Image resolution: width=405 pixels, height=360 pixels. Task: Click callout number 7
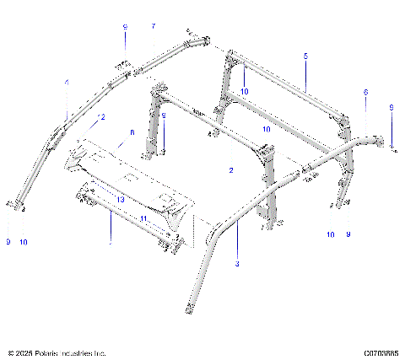click(x=153, y=27)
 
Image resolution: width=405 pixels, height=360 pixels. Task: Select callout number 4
click(x=67, y=83)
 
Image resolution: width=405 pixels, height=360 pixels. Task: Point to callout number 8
click(x=132, y=132)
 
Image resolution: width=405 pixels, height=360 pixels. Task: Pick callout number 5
click(x=305, y=55)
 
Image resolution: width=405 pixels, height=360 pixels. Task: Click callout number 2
click(x=230, y=169)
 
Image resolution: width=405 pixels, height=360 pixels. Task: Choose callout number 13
click(x=121, y=199)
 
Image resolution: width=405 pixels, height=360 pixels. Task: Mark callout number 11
click(x=144, y=218)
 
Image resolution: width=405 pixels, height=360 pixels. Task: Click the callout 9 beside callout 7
click(x=125, y=27)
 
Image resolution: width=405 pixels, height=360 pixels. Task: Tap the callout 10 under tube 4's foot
click(x=24, y=242)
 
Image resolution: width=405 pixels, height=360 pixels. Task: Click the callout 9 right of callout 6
click(x=391, y=107)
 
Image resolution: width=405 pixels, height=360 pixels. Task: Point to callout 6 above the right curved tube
click(x=365, y=91)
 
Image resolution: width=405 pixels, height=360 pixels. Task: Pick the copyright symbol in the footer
click(x=10, y=352)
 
